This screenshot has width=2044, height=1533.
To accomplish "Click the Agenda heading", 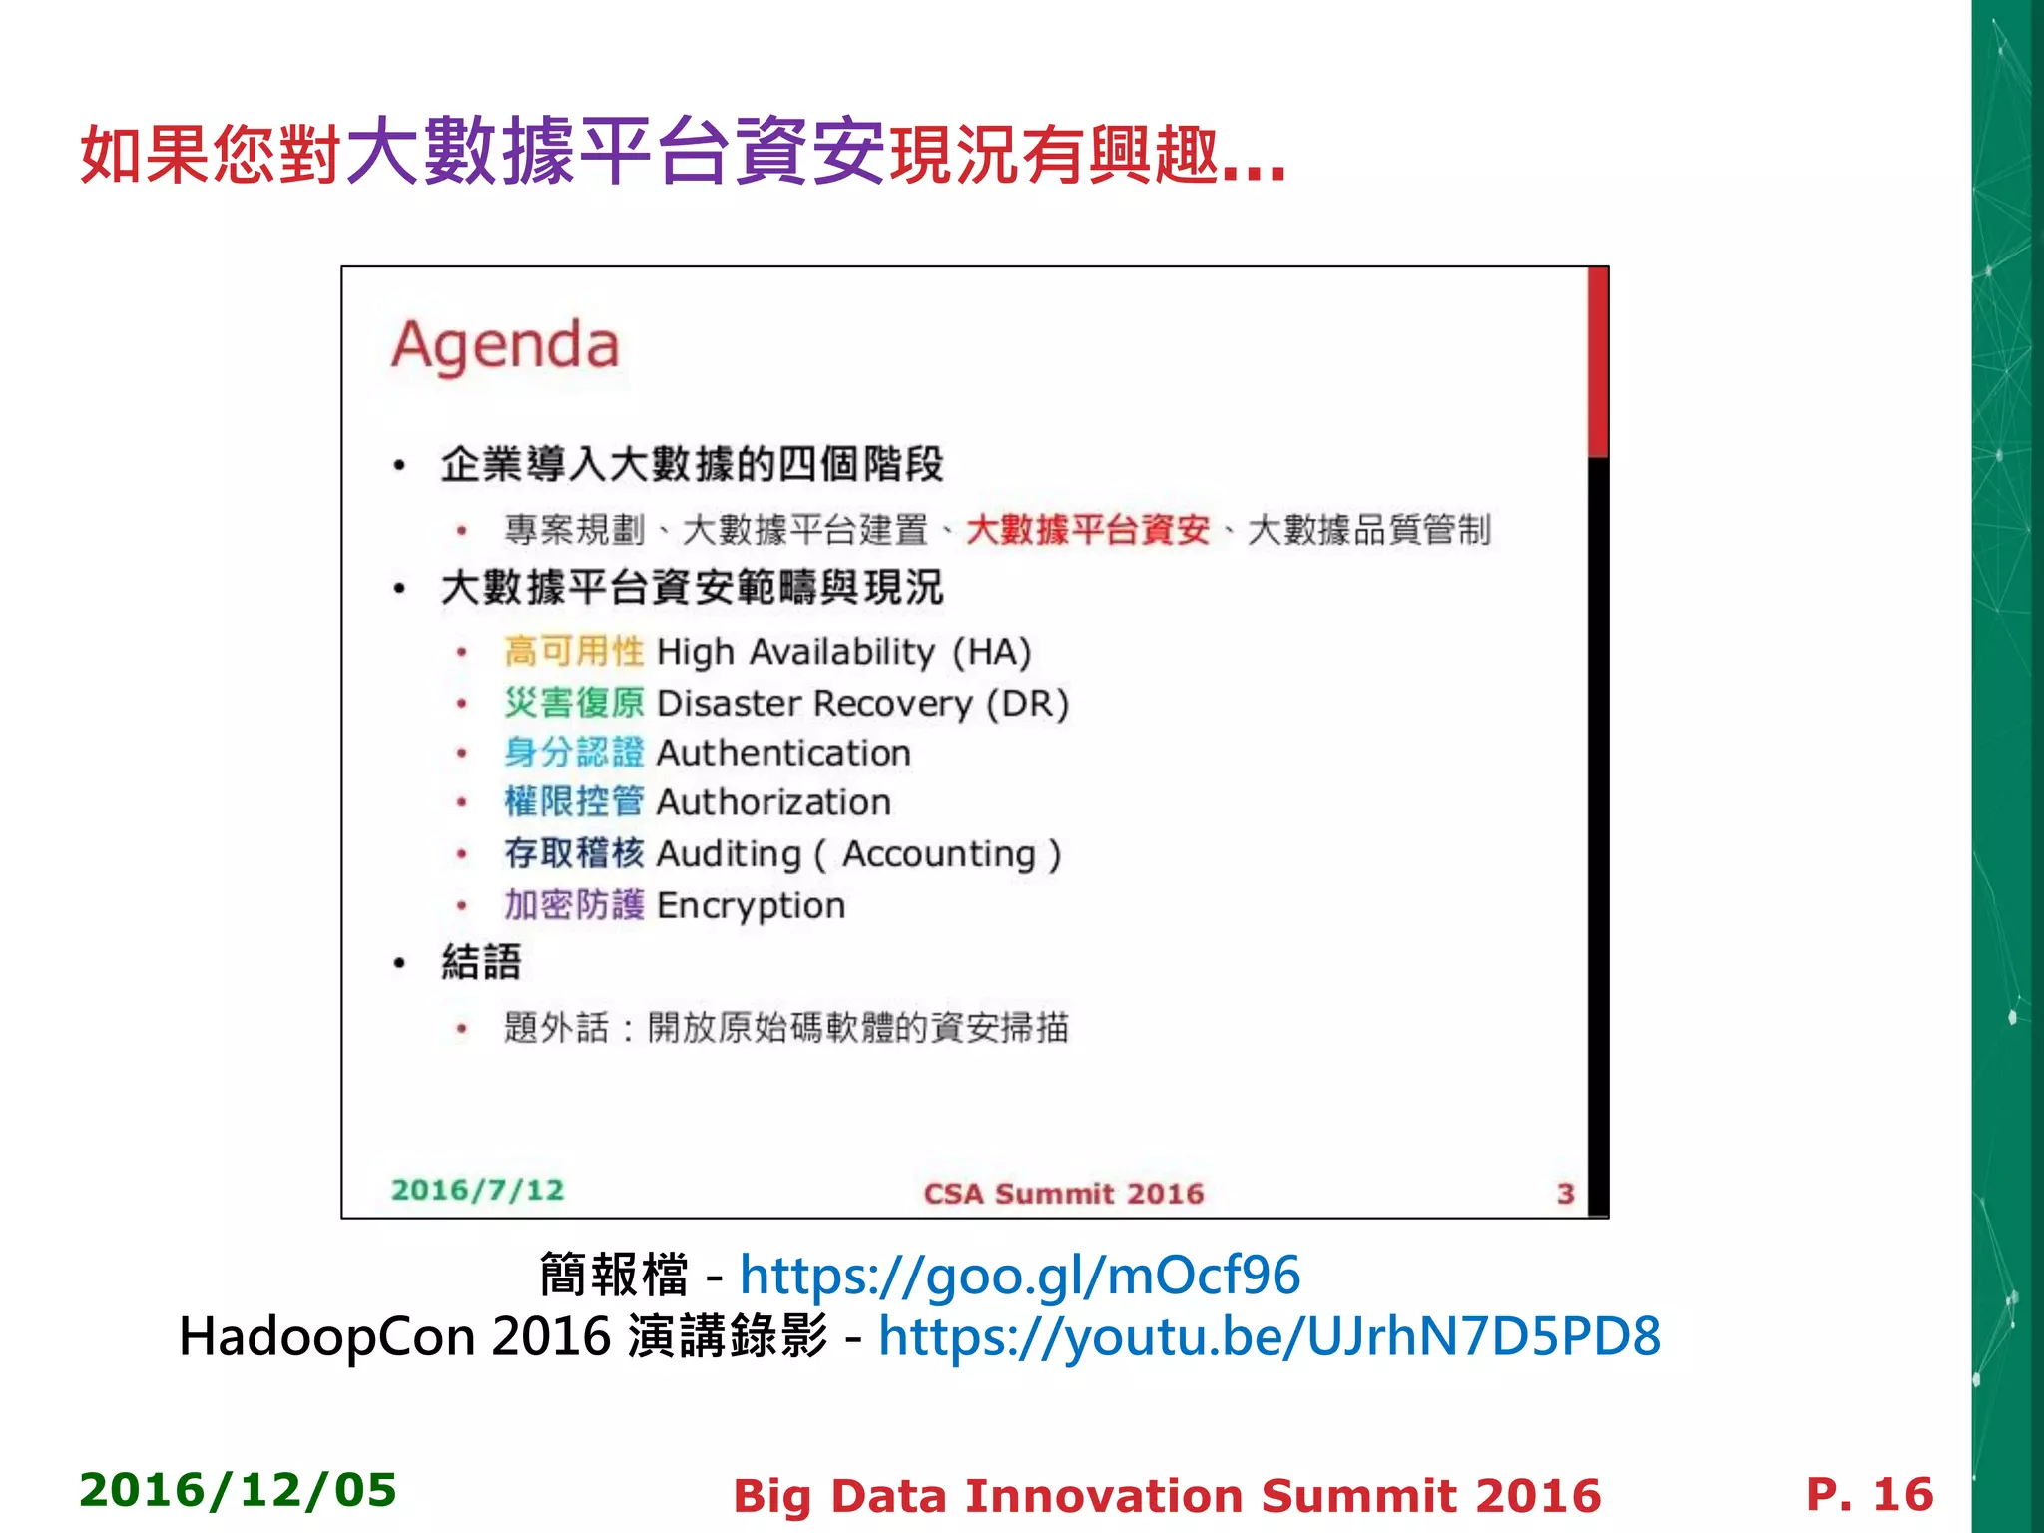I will pyautogui.click(x=505, y=346).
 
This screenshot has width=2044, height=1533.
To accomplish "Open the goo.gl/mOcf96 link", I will pyautogui.click(x=1019, y=1276).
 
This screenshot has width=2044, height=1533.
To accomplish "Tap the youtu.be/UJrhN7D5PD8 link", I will pyautogui.click(x=1269, y=1336).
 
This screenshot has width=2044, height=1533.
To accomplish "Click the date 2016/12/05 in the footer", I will pyautogui.click(x=238, y=1490).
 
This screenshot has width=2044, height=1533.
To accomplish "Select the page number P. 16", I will pyautogui.click(x=1869, y=1494).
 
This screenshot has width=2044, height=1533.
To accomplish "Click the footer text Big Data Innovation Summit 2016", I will pyautogui.click(x=1166, y=1496).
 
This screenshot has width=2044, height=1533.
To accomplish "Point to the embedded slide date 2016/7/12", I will pyautogui.click(x=477, y=1190).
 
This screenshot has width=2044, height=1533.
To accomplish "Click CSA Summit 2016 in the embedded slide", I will pyautogui.click(x=1063, y=1193).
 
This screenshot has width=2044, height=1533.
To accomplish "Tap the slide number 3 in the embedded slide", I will pyautogui.click(x=1565, y=1193).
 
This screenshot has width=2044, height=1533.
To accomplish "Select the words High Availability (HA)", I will pyautogui.click(x=843, y=652).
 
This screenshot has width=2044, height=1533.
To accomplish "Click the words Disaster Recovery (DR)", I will pyautogui.click(x=862, y=704).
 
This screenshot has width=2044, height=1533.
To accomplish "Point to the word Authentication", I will pyautogui.click(x=783, y=753).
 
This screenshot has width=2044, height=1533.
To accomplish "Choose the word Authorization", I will pyautogui.click(x=773, y=802).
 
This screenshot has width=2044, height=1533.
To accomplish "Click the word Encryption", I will pyautogui.click(x=751, y=906).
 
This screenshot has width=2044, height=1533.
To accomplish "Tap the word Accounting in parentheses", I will pyautogui.click(x=939, y=854).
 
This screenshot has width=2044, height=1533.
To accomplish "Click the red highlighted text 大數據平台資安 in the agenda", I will pyautogui.click(x=1087, y=530).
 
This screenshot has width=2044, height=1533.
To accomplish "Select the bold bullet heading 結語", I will pyautogui.click(x=481, y=962).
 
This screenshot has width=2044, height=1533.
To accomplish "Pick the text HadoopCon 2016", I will pyautogui.click(x=394, y=1336).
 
